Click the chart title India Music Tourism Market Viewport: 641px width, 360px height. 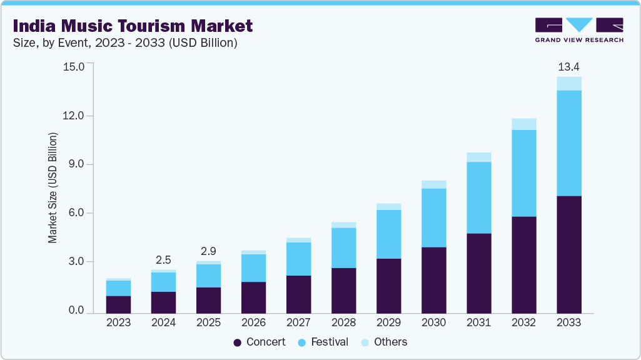(x=133, y=26)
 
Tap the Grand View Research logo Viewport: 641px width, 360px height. (x=579, y=30)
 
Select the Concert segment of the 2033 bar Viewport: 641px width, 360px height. (x=568, y=254)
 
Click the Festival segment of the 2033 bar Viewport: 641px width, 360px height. (x=568, y=143)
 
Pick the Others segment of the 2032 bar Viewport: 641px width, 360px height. (x=523, y=124)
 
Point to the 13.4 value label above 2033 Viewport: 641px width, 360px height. (x=568, y=67)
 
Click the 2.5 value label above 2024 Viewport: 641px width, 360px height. (x=163, y=259)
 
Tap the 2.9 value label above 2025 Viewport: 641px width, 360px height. (x=208, y=251)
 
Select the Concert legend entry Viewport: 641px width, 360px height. (x=259, y=342)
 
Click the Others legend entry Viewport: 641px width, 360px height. (x=384, y=342)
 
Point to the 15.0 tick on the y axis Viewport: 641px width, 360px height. (x=73, y=67)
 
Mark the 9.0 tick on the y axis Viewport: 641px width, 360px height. (x=73, y=164)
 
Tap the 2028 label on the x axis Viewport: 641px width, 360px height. (x=343, y=323)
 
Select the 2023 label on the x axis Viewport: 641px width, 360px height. (x=118, y=323)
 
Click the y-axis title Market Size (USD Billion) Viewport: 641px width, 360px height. (x=53, y=187)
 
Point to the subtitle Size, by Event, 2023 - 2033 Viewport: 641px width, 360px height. (x=125, y=43)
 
